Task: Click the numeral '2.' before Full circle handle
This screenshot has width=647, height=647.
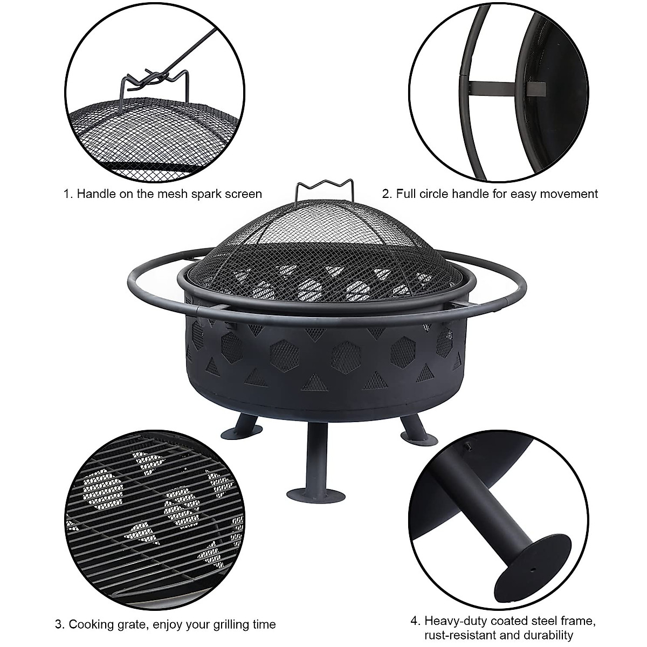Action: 386,194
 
